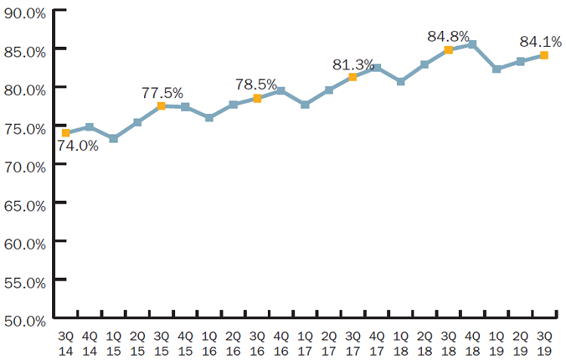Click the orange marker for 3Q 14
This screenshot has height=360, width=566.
[x=66, y=133]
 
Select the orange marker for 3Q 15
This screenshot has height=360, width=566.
[x=161, y=106]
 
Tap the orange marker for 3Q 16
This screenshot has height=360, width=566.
[x=257, y=98]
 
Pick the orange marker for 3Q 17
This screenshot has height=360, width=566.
[x=352, y=77]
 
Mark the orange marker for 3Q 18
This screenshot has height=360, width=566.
[x=448, y=50]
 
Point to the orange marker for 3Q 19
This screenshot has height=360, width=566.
[x=543, y=55]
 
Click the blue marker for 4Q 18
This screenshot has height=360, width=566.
[x=472, y=45]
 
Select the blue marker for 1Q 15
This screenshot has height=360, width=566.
[x=113, y=139]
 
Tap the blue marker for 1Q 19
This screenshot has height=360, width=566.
[x=496, y=69]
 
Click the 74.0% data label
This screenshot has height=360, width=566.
[x=78, y=146]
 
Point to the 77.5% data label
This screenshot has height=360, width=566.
[x=162, y=93]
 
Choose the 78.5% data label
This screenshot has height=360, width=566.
[x=257, y=85]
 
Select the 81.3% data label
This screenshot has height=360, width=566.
[x=353, y=64]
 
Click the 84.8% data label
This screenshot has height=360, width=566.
[x=448, y=36]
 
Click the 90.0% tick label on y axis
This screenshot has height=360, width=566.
[x=24, y=11]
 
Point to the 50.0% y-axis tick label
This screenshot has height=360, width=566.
[x=24, y=320]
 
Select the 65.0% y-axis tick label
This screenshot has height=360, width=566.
[x=24, y=205]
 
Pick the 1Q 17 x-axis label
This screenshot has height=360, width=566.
[x=305, y=341]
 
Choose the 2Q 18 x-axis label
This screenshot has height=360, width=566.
[x=424, y=341]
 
